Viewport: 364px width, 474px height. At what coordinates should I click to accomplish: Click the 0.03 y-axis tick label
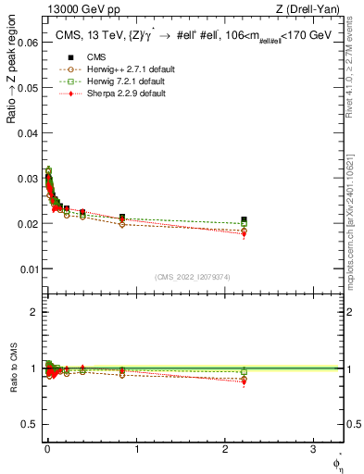(x=27, y=179)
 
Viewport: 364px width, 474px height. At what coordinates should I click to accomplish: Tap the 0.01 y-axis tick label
(x=27, y=269)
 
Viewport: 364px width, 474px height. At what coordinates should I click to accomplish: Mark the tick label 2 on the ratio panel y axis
(x=34, y=312)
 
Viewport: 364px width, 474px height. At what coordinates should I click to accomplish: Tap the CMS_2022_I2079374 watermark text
(x=193, y=276)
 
